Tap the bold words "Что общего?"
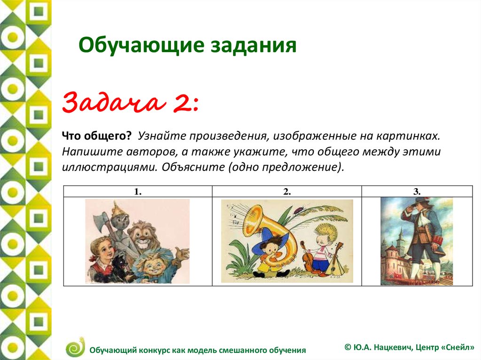tap(97, 136)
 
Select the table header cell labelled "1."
tap(138, 191)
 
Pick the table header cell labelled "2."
tap(287, 191)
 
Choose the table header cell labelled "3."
tap(417, 191)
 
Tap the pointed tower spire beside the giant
tap(401, 237)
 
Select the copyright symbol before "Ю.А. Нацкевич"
tap(348, 347)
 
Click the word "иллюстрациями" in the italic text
tap(109, 167)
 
